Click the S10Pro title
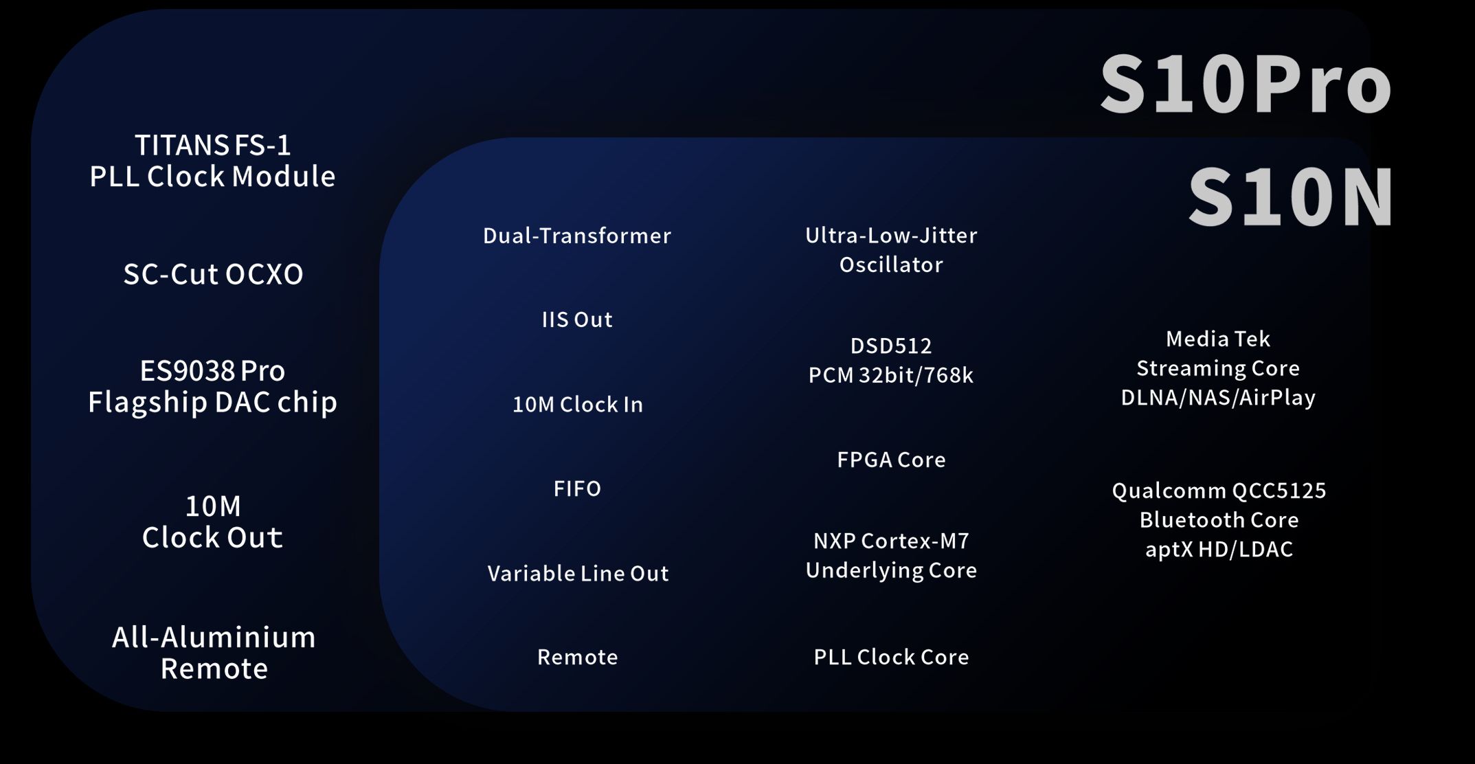tap(1246, 84)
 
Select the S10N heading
tap(1291, 197)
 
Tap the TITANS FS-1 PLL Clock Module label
tap(213, 161)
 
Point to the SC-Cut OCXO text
tap(213, 274)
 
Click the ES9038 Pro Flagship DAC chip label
tap(213, 387)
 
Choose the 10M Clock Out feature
tap(213, 522)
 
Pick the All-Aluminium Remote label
tap(214, 653)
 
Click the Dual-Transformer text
tap(577, 236)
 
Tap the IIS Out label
tap(577, 319)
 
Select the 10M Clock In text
tap(578, 404)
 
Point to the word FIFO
tap(577, 488)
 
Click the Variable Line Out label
tap(578, 573)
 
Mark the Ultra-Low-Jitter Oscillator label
tap(891, 250)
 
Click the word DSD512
tap(891, 346)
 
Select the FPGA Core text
tap(891, 460)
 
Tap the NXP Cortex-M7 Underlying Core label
tap(891, 555)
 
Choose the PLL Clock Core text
tap(891, 657)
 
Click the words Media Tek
tap(1218, 339)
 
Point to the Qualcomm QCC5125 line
tap(1219, 491)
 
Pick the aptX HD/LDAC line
tap(1219, 549)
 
